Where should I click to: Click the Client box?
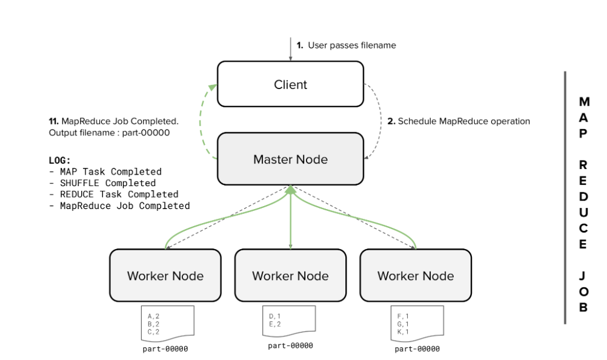[290, 84]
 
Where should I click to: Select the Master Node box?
[290, 159]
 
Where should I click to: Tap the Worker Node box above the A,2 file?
[165, 276]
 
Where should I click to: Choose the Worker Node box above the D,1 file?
[290, 276]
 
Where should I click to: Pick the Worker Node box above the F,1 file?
[416, 276]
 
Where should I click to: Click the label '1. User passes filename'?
[346, 45]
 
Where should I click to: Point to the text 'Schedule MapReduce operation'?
[463, 121]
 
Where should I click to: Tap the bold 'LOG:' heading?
[60, 161]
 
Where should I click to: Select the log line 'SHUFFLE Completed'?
[107, 183]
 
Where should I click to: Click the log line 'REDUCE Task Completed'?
[118, 195]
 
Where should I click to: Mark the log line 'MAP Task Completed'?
[110, 172]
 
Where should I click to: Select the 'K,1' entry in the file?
[403, 332]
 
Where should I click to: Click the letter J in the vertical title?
[583, 276]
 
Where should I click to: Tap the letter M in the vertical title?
[583, 101]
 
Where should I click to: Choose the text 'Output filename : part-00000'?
[109, 133]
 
